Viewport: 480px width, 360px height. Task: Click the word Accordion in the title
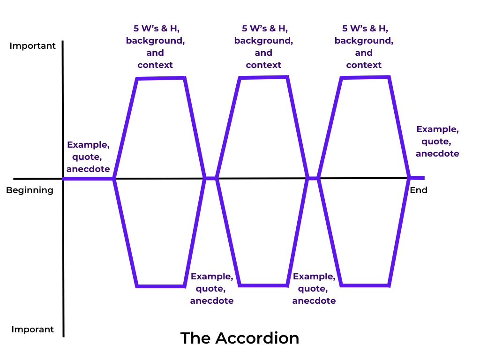[x=257, y=338]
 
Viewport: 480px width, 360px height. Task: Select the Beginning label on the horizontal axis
[x=30, y=190]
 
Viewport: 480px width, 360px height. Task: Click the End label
[x=419, y=190]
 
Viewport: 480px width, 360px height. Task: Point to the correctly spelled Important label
[x=32, y=46]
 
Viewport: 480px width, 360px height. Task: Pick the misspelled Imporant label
[x=32, y=330]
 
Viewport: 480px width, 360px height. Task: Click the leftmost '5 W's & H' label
[x=155, y=29]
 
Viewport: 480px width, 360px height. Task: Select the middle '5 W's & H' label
[x=263, y=29]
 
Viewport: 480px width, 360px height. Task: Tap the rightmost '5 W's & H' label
[x=364, y=29]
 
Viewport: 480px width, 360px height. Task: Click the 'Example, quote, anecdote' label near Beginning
[x=88, y=157]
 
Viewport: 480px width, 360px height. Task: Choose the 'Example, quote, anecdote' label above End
[x=437, y=141]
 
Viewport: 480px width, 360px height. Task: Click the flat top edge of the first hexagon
[x=161, y=78]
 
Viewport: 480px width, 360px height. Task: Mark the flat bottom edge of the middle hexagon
[x=263, y=285]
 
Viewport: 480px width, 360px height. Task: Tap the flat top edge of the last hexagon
[x=365, y=77]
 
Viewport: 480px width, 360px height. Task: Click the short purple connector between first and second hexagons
[x=210, y=178]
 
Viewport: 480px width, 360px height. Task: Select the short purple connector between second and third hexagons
[x=313, y=178]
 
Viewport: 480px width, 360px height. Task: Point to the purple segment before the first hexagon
[x=88, y=179]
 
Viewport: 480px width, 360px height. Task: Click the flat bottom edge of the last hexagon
[x=365, y=285]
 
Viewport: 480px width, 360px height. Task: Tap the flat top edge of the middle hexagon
[x=263, y=77]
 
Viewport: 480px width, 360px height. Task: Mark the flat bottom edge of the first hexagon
[x=161, y=285]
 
